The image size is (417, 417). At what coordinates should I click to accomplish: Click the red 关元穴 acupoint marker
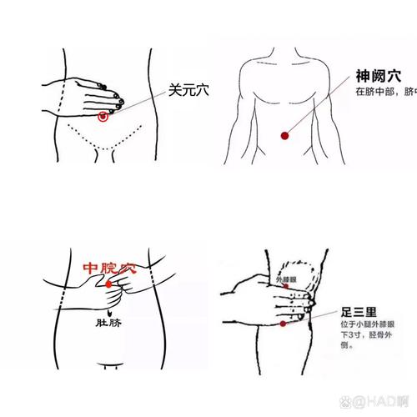point(103,118)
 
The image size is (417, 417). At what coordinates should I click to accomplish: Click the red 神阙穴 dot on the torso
point(284,134)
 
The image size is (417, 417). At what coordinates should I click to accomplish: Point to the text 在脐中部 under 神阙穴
point(374,91)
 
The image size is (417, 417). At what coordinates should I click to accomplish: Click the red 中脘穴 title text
point(109,269)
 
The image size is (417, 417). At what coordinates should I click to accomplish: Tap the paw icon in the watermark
point(354,403)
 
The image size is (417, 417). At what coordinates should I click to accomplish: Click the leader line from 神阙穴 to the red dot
point(317,105)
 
